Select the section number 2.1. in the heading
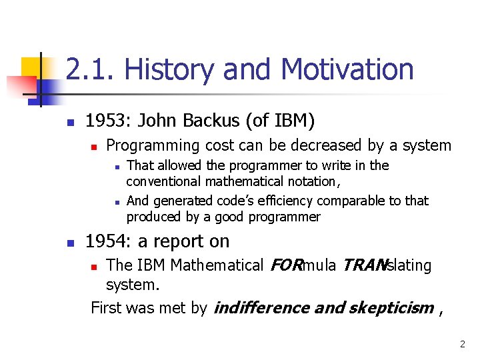coord(89,69)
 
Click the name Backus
coord(211,120)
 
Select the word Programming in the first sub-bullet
coord(153,146)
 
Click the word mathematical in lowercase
coord(244,181)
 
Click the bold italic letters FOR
coord(287,265)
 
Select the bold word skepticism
coord(391,308)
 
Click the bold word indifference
coord(262,308)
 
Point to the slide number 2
coord(462,344)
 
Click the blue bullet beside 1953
coord(71,123)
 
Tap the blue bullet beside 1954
coord(71,243)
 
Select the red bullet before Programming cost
coord(94,147)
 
